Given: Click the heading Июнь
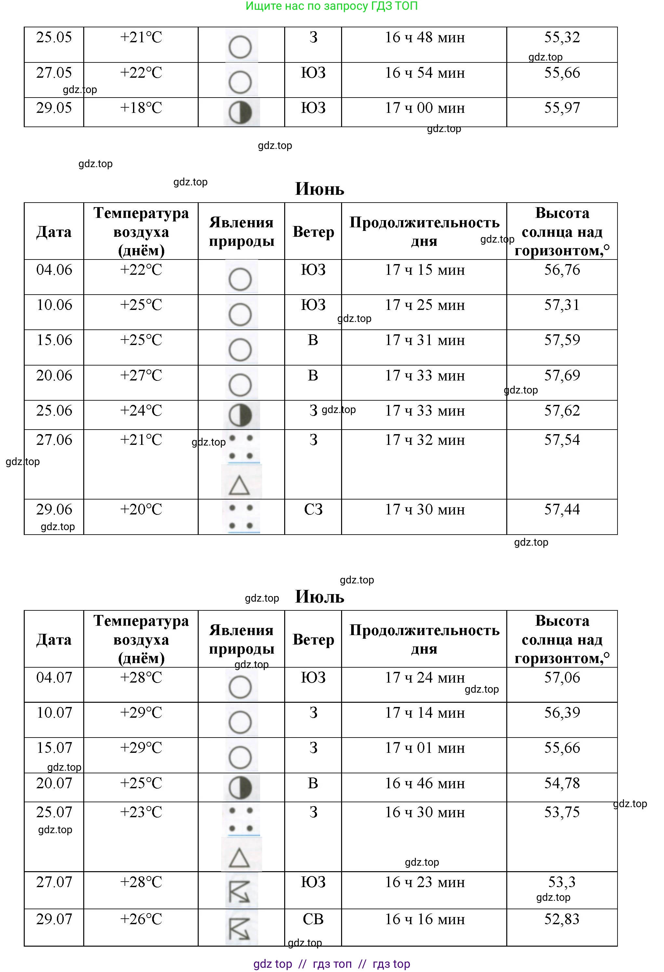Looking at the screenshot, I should [x=319, y=189].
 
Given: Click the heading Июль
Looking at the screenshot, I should [x=319, y=596].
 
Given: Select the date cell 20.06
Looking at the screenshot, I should [x=54, y=375].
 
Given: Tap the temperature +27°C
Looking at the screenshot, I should [x=141, y=375].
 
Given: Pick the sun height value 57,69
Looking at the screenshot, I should [x=562, y=375].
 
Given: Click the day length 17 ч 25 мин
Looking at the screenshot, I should [x=424, y=305].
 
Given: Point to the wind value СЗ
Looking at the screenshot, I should [x=313, y=510].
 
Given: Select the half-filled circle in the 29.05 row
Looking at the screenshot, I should [x=240, y=113].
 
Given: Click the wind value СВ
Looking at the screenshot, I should [x=313, y=919].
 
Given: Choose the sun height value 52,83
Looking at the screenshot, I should [x=562, y=919].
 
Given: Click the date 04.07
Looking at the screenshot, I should [x=54, y=678].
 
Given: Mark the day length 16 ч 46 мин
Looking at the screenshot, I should [x=424, y=783].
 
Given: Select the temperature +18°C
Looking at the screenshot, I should [x=141, y=108].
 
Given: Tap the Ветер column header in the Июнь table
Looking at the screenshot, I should [x=313, y=232].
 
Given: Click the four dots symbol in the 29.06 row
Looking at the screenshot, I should [x=241, y=517].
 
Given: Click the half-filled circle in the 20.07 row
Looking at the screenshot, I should [x=240, y=788].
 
